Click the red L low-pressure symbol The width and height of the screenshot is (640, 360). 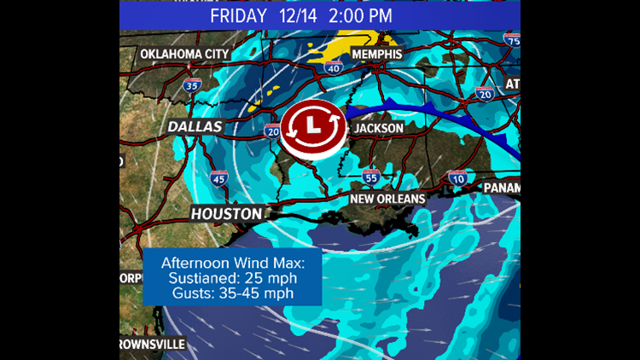pyautogui.click(x=312, y=129)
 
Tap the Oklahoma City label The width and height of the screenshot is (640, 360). pyautogui.click(x=183, y=54)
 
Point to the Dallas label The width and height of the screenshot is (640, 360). pyautogui.click(x=195, y=126)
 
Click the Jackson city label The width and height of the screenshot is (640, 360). pyautogui.click(x=379, y=128)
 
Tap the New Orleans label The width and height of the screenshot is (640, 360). pyautogui.click(x=388, y=199)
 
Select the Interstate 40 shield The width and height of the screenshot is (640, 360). pyautogui.click(x=334, y=67)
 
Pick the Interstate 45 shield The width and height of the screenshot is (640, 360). pyautogui.click(x=218, y=177)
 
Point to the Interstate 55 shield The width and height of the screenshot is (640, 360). pyautogui.click(x=370, y=177)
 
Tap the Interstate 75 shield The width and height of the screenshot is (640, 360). pyautogui.click(x=512, y=41)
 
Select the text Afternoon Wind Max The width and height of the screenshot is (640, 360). pyautogui.click(x=232, y=263)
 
